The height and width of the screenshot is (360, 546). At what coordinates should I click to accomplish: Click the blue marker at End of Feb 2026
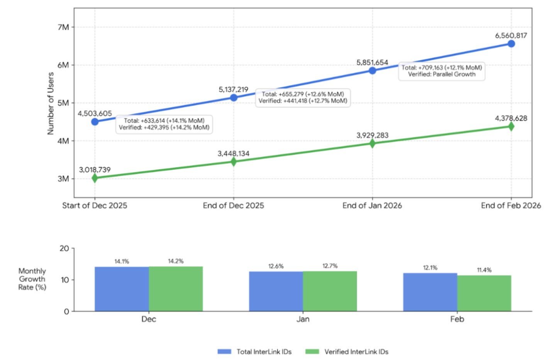[x=511, y=44]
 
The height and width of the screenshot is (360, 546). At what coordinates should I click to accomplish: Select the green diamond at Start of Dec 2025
[x=95, y=178]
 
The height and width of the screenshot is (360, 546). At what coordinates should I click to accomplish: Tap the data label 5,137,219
[x=233, y=90]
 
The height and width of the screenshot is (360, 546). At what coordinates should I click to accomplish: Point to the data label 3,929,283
[x=372, y=135]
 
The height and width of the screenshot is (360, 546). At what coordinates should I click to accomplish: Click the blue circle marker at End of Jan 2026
[x=372, y=71]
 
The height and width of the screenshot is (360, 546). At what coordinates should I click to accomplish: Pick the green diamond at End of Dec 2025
[x=233, y=161]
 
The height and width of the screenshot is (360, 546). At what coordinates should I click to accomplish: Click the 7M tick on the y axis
[x=63, y=27]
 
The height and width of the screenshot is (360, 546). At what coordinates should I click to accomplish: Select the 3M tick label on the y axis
[x=63, y=179]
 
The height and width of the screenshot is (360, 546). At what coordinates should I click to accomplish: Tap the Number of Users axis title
[x=51, y=104]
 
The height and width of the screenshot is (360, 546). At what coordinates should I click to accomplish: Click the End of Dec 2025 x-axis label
[x=233, y=205]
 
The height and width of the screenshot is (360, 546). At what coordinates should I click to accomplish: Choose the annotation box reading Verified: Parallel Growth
[x=441, y=71]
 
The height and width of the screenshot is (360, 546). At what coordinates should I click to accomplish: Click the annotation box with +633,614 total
[x=164, y=124]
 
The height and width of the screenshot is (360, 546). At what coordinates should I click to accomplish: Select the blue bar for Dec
[x=122, y=289]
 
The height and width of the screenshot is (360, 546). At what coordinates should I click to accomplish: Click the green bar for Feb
[x=484, y=293]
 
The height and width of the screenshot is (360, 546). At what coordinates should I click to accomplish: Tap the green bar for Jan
[x=330, y=291]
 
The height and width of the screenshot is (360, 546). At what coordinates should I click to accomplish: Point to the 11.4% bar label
[x=484, y=270]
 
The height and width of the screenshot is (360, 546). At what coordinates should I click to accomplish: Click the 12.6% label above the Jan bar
[x=276, y=266]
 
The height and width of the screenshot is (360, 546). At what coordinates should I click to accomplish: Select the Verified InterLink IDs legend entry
[x=347, y=352]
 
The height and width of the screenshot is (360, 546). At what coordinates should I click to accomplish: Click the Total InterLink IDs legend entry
[x=254, y=352]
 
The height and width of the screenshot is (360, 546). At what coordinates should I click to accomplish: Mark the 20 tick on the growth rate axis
[x=64, y=248]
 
